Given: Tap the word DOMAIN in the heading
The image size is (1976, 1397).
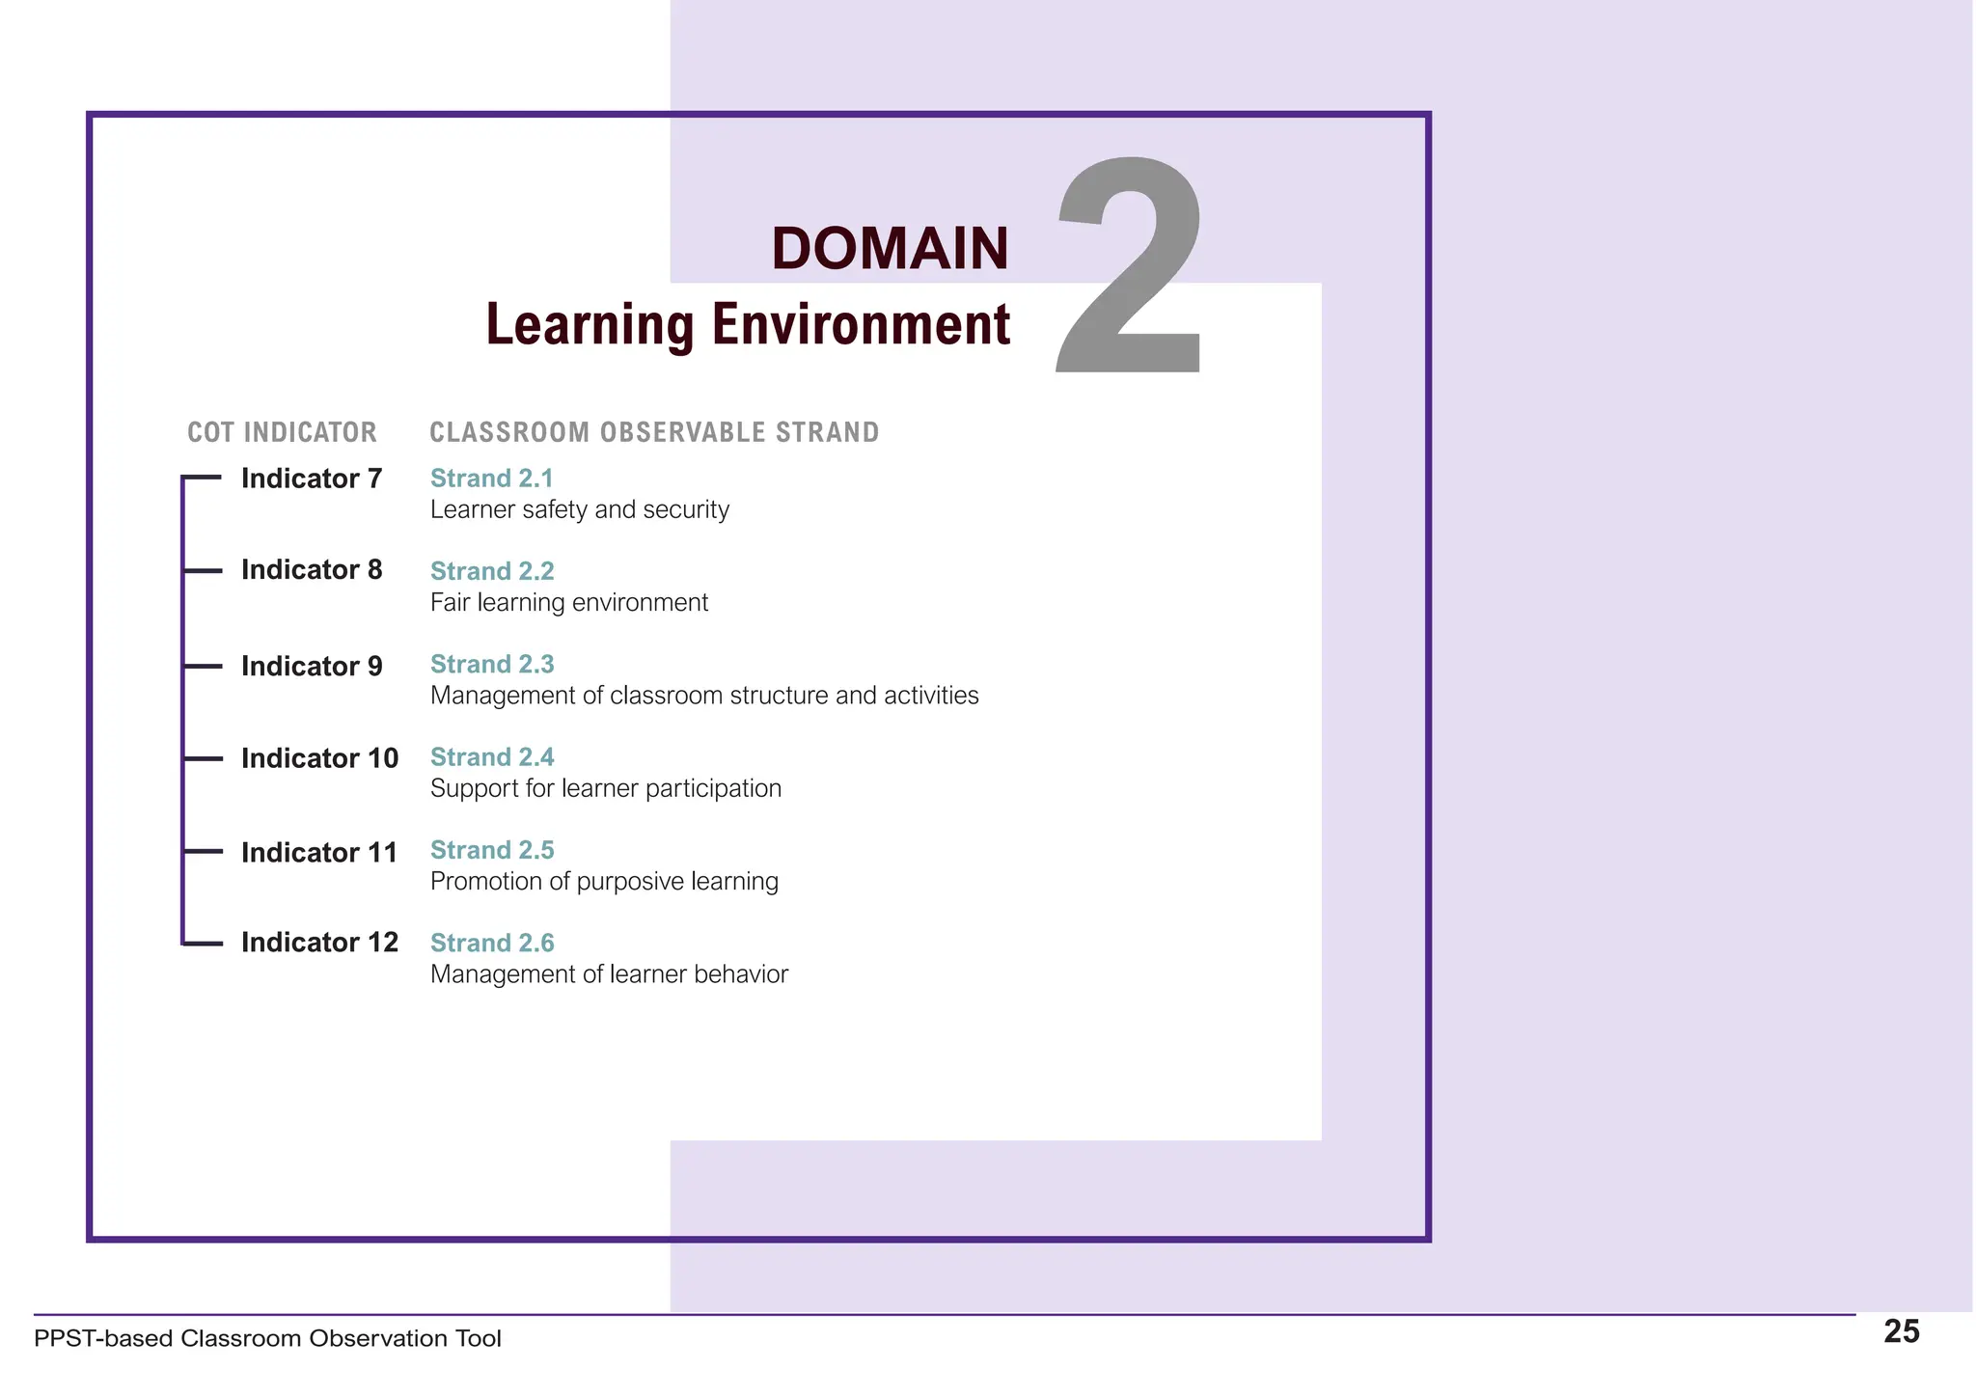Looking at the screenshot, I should (890, 249).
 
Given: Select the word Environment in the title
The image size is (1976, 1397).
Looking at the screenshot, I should (861, 324).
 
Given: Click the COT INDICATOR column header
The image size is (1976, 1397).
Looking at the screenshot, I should (282, 432).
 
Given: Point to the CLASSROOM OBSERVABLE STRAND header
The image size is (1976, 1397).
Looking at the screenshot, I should (654, 432).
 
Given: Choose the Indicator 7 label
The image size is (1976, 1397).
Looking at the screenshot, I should (312, 479).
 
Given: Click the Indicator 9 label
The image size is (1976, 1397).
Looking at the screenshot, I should (312, 667).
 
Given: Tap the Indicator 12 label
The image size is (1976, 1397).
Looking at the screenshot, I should (319, 943).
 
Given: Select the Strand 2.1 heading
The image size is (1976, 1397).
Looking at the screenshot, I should (492, 479).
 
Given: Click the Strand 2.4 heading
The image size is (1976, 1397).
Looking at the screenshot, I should (492, 757).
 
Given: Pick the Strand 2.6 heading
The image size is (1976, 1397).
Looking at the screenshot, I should (492, 943).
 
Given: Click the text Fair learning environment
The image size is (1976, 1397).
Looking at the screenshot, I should (569, 603).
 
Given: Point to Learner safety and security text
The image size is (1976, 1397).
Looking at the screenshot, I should (580, 509).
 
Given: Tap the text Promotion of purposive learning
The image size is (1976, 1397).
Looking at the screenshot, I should (604, 882).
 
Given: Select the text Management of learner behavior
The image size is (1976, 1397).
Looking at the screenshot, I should (609, 974).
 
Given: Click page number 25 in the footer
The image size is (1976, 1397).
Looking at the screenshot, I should (1902, 1332).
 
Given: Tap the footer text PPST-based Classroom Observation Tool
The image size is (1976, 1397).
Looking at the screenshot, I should (267, 1339).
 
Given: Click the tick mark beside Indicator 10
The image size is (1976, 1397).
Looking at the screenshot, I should (203, 759).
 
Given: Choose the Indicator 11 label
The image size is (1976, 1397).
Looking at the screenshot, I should (319, 853).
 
